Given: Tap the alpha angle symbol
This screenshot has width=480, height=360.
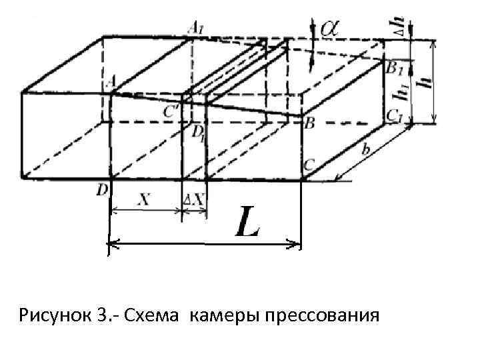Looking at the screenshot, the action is point(330,27).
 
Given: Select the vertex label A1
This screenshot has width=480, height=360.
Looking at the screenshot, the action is point(196,28).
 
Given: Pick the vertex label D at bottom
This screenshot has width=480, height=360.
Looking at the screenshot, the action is point(101,191).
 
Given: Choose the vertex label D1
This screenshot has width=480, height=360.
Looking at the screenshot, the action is point(198,133).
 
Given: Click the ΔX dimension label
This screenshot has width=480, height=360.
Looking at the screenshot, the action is point(195,199).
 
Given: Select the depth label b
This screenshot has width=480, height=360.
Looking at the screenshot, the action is point(365,150).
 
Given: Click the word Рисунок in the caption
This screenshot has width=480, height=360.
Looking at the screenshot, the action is point(54,314).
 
